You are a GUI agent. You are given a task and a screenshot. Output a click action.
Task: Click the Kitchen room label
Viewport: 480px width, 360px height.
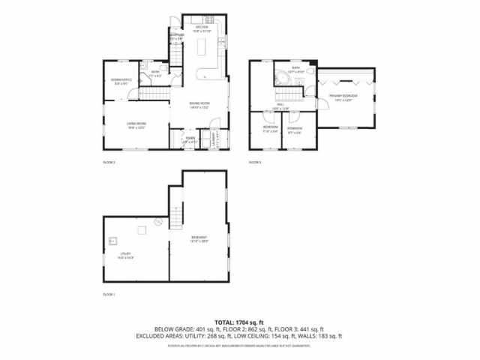click(x=202, y=29)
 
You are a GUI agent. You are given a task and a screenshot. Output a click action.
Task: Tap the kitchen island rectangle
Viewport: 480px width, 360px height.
click(x=203, y=49)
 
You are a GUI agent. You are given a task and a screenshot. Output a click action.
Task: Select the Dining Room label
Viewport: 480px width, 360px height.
click(x=199, y=106)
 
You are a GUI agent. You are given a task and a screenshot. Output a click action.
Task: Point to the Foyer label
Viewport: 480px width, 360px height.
click(x=190, y=139)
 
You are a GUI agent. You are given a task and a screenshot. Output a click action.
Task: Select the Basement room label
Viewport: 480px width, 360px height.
click(x=199, y=239)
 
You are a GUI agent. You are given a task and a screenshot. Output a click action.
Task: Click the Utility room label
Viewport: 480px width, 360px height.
click(x=125, y=256)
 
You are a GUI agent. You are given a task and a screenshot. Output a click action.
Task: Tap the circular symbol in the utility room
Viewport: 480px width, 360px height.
click(x=157, y=221)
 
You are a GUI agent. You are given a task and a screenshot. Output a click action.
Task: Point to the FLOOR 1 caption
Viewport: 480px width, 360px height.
click(x=107, y=294)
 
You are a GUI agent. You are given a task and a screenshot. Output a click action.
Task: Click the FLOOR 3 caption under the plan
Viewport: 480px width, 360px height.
click(x=254, y=162)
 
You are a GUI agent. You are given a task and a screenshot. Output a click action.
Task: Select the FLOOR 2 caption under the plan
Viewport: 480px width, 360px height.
click(x=107, y=162)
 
